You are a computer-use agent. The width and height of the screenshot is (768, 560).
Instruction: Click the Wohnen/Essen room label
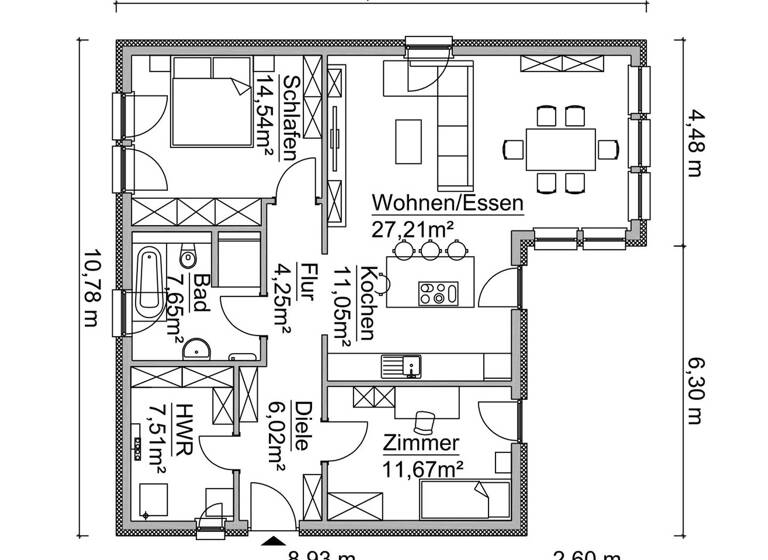(x=447, y=202)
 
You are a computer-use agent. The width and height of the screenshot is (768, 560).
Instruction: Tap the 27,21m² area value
(x=412, y=230)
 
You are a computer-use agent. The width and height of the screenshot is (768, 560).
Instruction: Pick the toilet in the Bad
(x=189, y=258)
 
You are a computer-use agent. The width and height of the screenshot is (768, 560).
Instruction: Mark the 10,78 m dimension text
(x=89, y=289)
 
